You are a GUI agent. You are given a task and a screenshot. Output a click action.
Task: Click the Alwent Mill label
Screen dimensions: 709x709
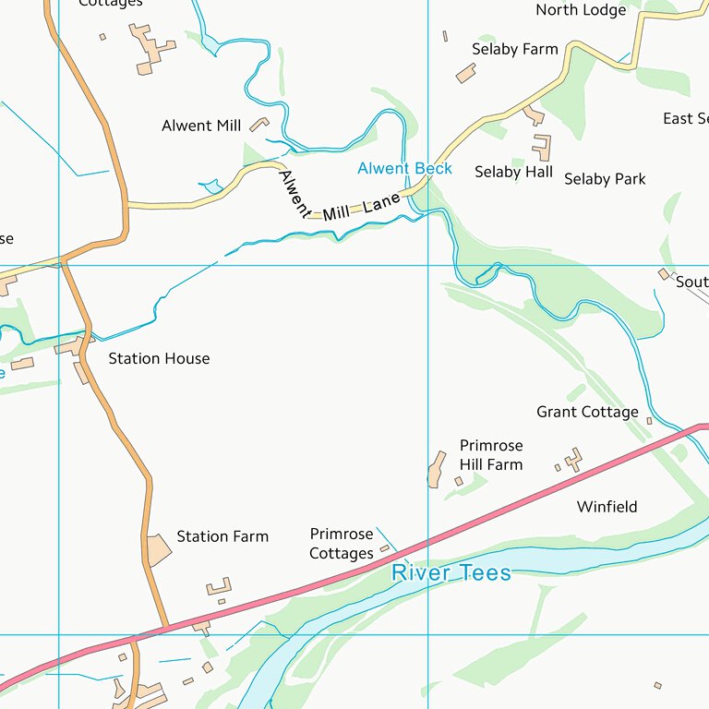[x=200, y=126]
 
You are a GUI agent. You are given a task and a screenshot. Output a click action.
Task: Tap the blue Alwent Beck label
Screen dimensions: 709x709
[x=404, y=168]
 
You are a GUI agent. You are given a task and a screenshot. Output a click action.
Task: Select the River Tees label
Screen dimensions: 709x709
[x=451, y=573]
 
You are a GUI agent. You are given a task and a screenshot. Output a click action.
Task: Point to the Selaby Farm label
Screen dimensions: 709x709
[x=514, y=49]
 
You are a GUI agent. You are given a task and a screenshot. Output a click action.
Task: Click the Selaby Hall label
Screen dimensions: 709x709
[x=513, y=172]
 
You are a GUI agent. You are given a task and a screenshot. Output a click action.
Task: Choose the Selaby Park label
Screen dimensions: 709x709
[x=605, y=179]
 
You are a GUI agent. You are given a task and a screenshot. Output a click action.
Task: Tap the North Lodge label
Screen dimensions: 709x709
[x=581, y=10]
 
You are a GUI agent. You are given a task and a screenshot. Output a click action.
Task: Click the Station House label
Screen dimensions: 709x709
[x=159, y=358]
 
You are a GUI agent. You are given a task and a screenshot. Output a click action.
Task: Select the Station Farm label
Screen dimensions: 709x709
[x=222, y=536]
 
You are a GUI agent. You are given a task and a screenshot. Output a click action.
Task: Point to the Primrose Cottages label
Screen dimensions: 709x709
[x=342, y=544]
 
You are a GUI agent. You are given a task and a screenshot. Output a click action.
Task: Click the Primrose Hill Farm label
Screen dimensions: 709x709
[x=491, y=455]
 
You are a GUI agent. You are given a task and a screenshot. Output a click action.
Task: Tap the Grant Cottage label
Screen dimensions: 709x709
[x=587, y=412]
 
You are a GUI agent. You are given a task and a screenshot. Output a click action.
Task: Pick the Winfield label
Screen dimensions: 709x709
[x=607, y=507]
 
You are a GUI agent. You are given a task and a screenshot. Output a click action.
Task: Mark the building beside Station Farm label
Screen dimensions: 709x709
[x=159, y=548]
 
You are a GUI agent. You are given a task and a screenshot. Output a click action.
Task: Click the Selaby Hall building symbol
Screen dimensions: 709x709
[x=542, y=147]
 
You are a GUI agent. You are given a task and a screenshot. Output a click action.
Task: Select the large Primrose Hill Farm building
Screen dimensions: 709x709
[x=437, y=470]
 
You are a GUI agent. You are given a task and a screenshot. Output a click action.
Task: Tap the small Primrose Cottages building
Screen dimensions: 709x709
[x=385, y=549]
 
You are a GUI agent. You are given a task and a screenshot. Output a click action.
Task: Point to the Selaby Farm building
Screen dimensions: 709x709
[x=465, y=74]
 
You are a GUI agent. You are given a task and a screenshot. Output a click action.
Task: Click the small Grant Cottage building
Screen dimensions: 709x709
[x=649, y=421]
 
